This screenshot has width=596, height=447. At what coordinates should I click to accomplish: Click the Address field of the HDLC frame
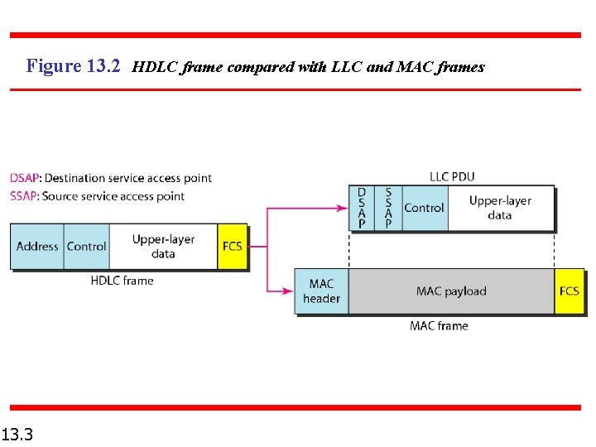coord(37,246)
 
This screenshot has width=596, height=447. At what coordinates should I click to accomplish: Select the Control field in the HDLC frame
coord(86,246)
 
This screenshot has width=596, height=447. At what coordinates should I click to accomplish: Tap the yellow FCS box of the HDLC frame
coord(233,246)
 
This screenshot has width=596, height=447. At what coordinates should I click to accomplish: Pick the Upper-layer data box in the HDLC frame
coord(163,246)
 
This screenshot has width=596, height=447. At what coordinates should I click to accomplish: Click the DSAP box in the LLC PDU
coord(362,208)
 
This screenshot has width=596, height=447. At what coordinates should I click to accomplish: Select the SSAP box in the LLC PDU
coord(388,208)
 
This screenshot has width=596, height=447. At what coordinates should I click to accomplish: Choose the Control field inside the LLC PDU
coord(424,208)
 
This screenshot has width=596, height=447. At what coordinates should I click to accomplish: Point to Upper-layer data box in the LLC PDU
coord(500,208)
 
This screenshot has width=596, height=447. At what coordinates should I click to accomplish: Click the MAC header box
coord(321,291)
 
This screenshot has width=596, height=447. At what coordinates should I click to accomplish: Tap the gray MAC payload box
coord(451,291)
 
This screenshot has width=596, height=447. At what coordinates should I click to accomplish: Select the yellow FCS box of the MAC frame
coord(570,291)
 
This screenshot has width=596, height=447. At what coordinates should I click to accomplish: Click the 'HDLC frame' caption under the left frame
coord(122,281)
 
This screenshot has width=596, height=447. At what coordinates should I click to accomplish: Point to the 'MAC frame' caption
coord(439,326)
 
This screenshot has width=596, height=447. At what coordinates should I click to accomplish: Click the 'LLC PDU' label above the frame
coord(452,176)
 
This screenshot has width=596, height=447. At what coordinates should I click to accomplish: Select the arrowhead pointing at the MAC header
coord(289,291)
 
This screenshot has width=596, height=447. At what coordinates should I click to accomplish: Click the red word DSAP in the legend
coord(24,178)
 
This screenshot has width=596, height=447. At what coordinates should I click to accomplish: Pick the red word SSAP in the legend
coord(24,196)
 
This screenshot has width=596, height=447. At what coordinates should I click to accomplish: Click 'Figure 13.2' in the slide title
coord(74,66)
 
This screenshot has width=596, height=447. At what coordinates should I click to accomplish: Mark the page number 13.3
coord(17,433)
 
